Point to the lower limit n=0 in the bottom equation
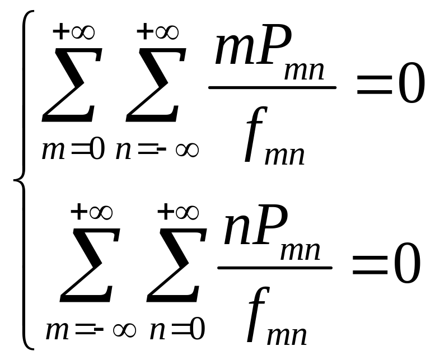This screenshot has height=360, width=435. coord(176,330)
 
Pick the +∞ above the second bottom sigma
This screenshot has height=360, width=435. coord(177,213)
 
